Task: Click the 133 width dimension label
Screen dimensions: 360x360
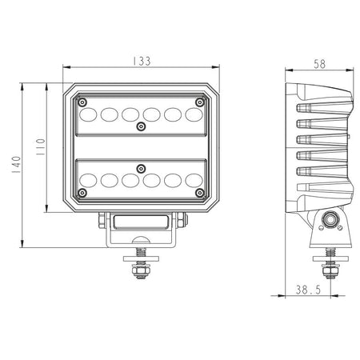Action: point(142,61)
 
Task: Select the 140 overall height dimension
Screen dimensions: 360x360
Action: point(16,164)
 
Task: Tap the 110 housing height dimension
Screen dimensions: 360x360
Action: point(41,147)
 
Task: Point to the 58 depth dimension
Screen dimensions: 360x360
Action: point(319,64)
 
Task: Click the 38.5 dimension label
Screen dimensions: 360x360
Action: point(308,290)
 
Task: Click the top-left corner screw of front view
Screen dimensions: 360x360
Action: point(82,102)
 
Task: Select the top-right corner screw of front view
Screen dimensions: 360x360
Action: point(200,102)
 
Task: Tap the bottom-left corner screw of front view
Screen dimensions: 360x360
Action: point(82,193)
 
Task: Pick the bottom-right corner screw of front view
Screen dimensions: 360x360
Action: point(200,193)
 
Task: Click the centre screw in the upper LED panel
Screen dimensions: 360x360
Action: point(141,126)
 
